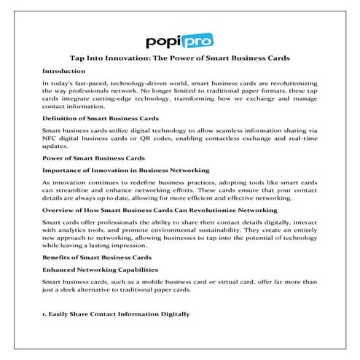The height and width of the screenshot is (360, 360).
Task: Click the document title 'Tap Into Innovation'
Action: tap(180, 58)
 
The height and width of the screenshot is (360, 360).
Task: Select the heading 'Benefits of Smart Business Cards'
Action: tap(96, 259)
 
